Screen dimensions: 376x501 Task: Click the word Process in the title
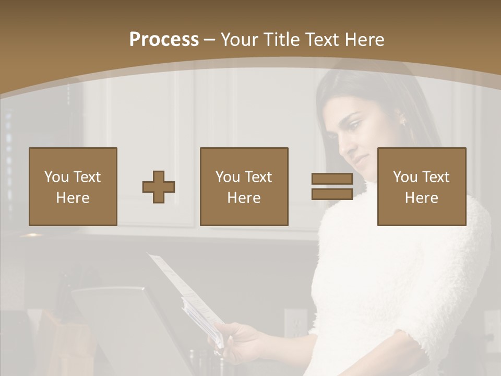click(164, 40)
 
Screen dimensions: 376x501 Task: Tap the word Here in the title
click(363, 40)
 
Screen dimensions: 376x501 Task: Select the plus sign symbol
click(159, 187)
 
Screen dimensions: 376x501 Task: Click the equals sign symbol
click(332, 186)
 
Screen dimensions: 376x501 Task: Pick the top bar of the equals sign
click(332, 179)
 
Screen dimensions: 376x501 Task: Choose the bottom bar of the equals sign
click(332, 194)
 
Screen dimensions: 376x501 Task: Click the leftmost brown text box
click(73, 186)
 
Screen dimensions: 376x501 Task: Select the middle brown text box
click(244, 186)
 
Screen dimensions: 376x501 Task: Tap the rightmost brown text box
click(422, 186)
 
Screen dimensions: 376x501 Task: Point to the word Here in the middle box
click(244, 198)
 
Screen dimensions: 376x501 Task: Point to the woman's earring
click(402, 123)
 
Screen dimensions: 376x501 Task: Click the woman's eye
click(354, 126)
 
